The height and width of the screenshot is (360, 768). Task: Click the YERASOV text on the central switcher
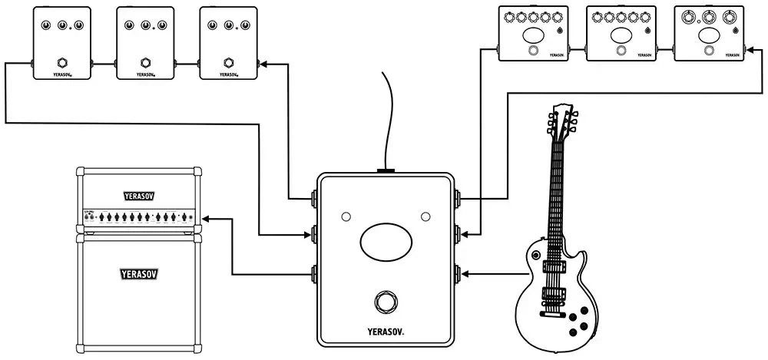[385, 332]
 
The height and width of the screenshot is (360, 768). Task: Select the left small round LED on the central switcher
[346, 216]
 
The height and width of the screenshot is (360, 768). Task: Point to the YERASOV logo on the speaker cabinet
[138, 272]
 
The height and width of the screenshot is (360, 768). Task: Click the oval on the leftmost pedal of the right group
[533, 36]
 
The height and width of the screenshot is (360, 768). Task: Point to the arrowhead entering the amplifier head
[207, 220]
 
